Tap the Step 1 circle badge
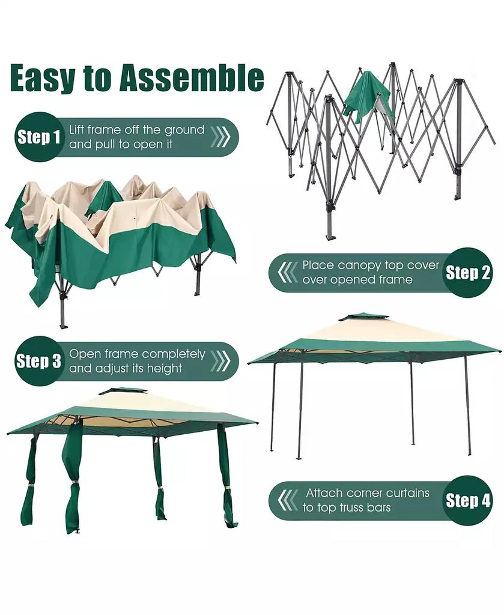pos(38,138)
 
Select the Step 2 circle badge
pos(468,273)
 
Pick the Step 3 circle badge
pos(38,361)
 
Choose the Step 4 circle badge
pos(468,500)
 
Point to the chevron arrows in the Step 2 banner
pos(287,273)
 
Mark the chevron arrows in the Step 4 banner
pos(287,500)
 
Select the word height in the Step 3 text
pos(164,369)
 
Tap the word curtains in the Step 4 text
pos(405,493)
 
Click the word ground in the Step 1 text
pos(184,130)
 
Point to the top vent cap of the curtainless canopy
pos(363,317)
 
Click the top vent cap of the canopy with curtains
pos(123,390)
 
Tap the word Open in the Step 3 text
pos(84,354)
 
